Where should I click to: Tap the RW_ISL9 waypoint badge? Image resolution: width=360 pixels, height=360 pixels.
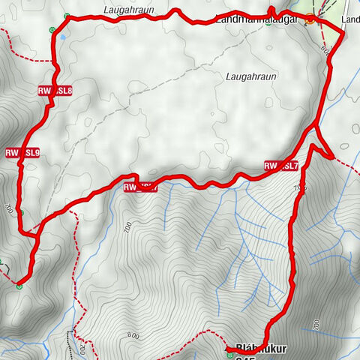point(22,153)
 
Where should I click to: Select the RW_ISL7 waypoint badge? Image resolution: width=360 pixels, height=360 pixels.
point(281,166)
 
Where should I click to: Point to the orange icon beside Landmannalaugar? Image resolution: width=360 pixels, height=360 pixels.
point(310,20)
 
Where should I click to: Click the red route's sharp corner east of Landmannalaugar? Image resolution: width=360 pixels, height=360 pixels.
point(344,34)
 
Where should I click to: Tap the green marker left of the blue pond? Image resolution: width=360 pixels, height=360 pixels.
point(52,30)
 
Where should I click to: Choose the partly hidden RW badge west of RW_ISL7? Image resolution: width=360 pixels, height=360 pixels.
point(140,187)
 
